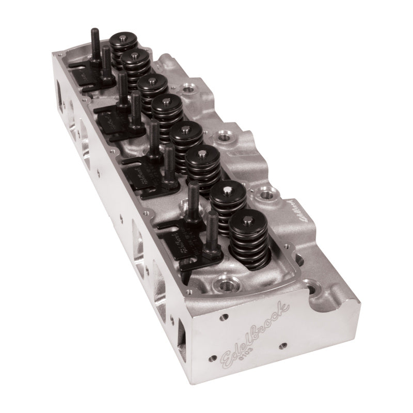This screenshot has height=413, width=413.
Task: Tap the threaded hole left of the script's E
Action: [211, 357]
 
